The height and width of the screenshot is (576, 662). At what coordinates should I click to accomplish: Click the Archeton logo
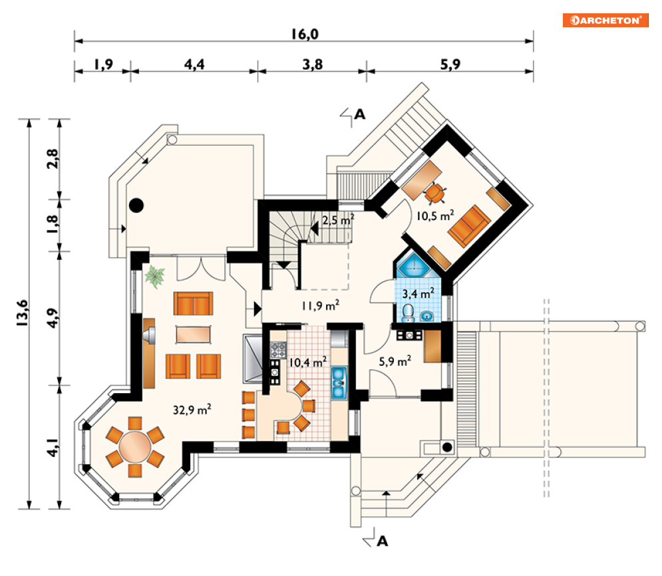(x=605, y=20)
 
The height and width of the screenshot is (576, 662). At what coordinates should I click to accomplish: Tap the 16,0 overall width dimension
(x=305, y=34)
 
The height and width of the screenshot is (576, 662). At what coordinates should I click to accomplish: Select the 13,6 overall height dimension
(x=22, y=313)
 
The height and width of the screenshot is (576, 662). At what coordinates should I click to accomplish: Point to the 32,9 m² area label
(x=192, y=409)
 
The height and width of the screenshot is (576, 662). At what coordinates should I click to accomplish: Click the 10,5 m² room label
(x=435, y=216)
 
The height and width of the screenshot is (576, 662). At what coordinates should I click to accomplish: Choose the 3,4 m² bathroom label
(x=418, y=293)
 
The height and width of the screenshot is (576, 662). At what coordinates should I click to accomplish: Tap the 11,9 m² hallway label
(x=321, y=305)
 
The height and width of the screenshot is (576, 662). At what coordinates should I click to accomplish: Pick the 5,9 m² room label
(x=395, y=361)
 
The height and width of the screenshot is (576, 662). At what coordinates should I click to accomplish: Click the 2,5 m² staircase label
(x=338, y=220)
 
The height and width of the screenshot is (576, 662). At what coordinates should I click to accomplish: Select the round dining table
(x=134, y=447)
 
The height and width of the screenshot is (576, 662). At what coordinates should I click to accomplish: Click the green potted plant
(x=154, y=277)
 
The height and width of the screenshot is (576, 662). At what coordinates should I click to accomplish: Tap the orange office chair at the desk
(x=435, y=194)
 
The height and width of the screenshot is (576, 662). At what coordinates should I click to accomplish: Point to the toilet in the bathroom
(x=408, y=313)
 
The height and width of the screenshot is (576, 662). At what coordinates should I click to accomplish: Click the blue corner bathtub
(x=414, y=265)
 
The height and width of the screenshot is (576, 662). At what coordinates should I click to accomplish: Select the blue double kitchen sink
(x=338, y=383)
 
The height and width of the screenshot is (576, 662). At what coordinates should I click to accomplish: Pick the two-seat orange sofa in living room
(x=194, y=303)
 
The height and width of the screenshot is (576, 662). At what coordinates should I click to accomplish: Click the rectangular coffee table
(x=194, y=334)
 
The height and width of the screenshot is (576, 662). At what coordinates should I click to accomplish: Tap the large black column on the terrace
(x=136, y=206)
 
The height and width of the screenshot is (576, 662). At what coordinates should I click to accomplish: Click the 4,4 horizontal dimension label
(x=194, y=65)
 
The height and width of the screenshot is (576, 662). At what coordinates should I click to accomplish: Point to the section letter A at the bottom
(x=382, y=541)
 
